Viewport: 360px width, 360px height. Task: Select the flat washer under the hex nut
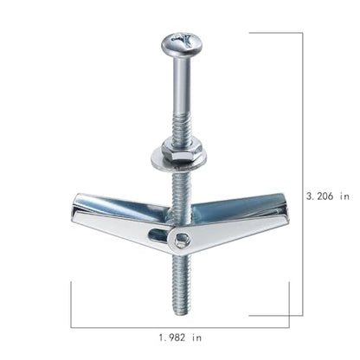click(178, 160)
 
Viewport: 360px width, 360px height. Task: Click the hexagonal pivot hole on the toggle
click(182, 241)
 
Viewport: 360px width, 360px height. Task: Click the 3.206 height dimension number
click(319, 196)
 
